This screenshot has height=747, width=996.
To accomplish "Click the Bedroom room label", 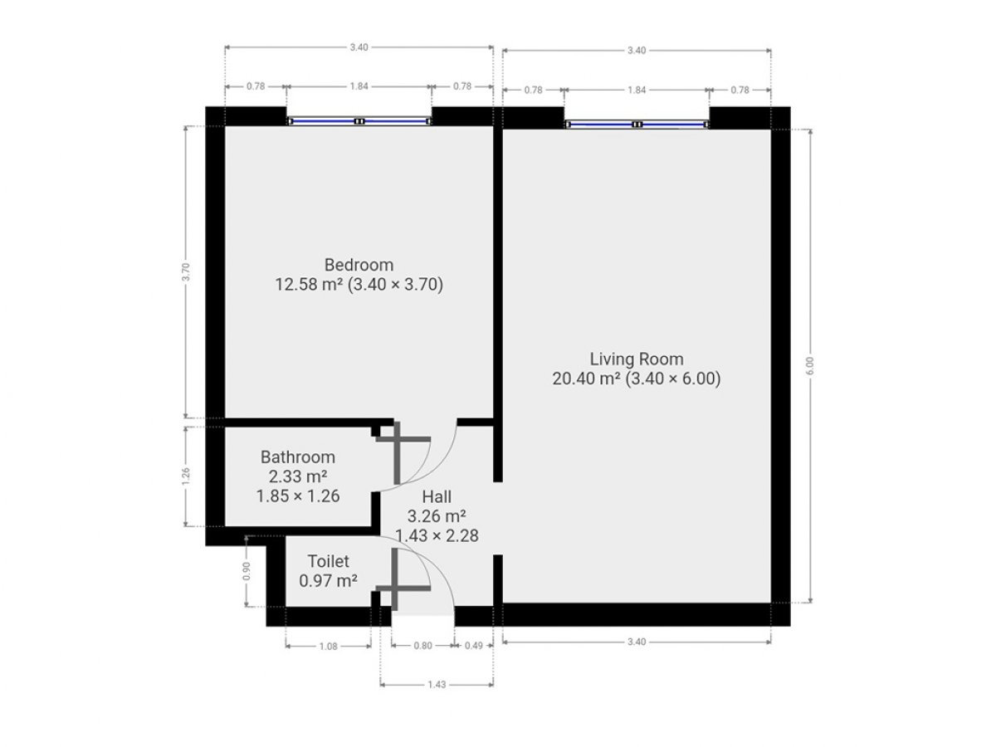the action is pos(359,265).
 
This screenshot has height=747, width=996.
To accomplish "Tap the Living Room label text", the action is pos(636,359).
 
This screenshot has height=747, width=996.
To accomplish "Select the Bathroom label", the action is pos(298,456).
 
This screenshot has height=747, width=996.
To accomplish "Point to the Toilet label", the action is pos(328,561).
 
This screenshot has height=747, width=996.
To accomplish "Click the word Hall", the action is pos(437,496).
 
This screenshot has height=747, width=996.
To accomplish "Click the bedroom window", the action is pos(359,121).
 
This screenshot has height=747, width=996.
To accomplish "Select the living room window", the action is pos(637,124).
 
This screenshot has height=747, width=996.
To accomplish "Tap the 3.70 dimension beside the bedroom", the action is pos(186,272).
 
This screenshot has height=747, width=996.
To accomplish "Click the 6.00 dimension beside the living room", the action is pos(811,366).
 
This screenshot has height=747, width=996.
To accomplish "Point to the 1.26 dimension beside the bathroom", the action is pos(186,476).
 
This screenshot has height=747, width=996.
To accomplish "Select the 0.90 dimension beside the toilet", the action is pos(247,572).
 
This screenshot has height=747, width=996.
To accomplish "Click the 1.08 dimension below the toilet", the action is pos(328,647).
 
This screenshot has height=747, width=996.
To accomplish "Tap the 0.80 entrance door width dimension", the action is pos(422,645).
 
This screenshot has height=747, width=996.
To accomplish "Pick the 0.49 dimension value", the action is pos(474,645).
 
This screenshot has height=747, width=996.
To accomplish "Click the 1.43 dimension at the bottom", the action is pos(437,685).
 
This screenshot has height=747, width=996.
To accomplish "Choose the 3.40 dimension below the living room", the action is pos(636,642).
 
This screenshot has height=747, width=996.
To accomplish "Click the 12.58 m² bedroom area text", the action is pos(309,285).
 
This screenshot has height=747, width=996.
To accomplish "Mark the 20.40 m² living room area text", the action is pos(586,378).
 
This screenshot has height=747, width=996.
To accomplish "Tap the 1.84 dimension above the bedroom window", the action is pos(359,86).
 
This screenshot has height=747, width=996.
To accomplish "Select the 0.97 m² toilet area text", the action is pos(328,580).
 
